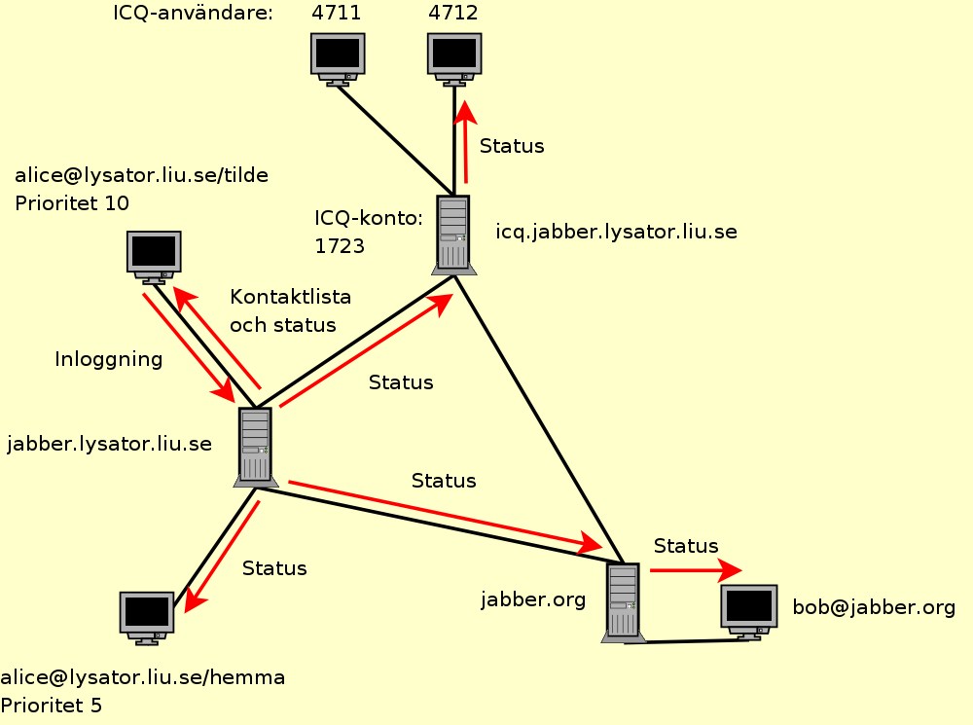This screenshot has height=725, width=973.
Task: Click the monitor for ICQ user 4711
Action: tap(338, 55)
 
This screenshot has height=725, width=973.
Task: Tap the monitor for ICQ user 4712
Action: tap(454, 55)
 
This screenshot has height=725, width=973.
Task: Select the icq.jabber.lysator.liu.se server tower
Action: tap(452, 233)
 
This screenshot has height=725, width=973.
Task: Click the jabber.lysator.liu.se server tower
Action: tap(255, 446)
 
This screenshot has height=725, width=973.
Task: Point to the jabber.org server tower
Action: tap(623, 601)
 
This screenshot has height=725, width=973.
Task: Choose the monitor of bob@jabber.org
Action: tap(748, 609)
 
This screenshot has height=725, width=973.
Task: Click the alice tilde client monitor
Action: tap(154, 255)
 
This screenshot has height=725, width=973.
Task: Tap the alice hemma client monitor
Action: tap(146, 615)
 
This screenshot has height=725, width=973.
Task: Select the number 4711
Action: tap(337, 14)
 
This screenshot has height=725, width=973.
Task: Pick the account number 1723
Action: tap(339, 246)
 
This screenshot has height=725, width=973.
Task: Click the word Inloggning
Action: tap(108, 359)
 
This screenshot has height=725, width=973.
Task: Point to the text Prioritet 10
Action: tap(72, 202)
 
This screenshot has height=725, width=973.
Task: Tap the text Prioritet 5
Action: tap(51, 705)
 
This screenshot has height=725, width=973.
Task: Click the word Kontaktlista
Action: tap(290, 296)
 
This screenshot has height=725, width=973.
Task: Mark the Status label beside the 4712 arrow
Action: tap(512, 146)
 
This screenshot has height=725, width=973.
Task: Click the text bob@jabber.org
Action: tap(874, 607)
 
